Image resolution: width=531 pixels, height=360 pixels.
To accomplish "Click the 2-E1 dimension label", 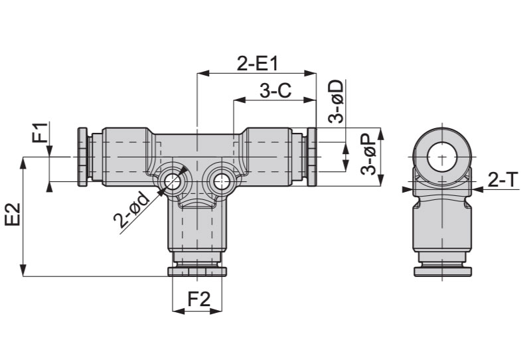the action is click(x=257, y=63).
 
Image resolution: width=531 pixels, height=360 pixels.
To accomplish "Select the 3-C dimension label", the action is click(x=275, y=91).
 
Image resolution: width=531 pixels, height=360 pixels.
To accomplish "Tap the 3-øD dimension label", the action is click(x=337, y=101).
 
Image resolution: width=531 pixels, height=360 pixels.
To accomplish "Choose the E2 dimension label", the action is click(x=13, y=215).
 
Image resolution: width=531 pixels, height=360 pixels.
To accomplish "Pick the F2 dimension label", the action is click(x=199, y=300).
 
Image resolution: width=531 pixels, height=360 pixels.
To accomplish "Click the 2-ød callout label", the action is click(x=131, y=210).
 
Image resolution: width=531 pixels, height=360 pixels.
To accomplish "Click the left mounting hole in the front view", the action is click(x=172, y=181).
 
